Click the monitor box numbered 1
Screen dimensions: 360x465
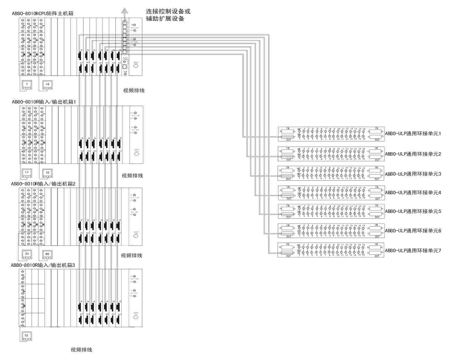click(x=27, y=85)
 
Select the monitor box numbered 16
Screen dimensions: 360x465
click(x=47, y=85)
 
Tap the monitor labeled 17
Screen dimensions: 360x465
click(x=27, y=173)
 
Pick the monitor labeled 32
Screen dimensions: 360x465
click(x=47, y=173)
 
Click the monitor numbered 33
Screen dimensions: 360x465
click(x=27, y=254)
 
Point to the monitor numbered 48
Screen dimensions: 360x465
click(x=47, y=254)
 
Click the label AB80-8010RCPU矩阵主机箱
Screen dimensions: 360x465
click(x=42, y=13)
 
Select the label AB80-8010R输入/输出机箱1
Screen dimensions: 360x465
click(x=44, y=102)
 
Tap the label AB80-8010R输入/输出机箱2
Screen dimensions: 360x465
click(x=43, y=184)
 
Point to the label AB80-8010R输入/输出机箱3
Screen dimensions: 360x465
click(x=43, y=265)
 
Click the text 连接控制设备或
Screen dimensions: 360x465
click(x=168, y=11)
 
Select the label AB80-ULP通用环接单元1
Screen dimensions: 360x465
click(x=413, y=133)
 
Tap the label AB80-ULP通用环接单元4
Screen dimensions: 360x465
click(x=413, y=193)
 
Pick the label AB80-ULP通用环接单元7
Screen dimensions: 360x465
click(x=413, y=251)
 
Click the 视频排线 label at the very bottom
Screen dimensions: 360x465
click(x=81, y=350)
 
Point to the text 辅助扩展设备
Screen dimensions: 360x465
click(x=165, y=19)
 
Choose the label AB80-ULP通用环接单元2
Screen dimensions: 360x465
click(x=413, y=154)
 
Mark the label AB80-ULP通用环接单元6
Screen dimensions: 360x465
click(x=413, y=231)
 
